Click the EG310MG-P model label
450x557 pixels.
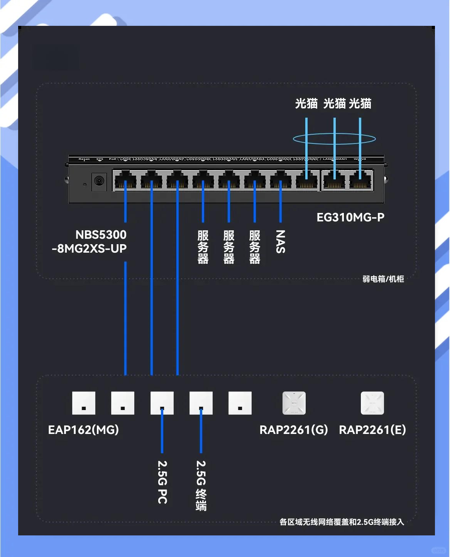point(350,218)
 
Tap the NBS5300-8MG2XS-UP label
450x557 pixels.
point(90,241)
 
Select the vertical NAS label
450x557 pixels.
point(281,242)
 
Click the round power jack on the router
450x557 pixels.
point(99,181)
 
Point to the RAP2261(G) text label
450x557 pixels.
point(294,430)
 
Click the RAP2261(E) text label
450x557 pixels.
point(372,430)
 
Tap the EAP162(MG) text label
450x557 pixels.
point(83,430)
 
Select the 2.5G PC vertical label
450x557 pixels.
point(162,482)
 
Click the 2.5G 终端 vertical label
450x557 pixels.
point(201,485)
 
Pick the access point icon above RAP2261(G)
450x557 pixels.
point(294,403)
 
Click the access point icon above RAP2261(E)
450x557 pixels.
point(372,403)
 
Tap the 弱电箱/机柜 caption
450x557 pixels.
point(383,279)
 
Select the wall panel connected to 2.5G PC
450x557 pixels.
point(162,403)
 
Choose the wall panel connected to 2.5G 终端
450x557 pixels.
point(201,403)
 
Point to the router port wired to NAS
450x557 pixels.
point(281,181)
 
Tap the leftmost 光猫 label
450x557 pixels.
point(306,103)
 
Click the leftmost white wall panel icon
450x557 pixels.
point(84,403)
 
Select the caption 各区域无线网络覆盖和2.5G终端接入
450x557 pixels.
point(342,522)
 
